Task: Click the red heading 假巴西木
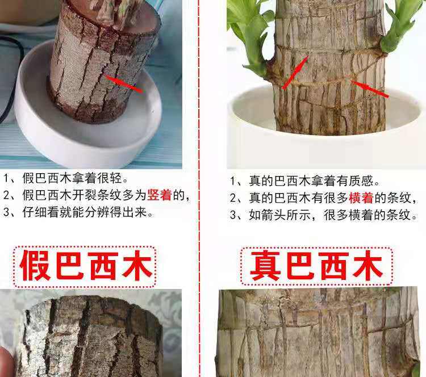point(85,266)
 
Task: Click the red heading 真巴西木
point(316,266)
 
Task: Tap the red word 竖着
point(160,195)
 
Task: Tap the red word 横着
point(361,198)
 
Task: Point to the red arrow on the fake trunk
point(124,83)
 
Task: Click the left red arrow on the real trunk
point(295,72)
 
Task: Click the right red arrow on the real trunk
point(370,89)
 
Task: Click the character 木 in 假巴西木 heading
point(137,266)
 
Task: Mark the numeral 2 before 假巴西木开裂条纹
point(7,195)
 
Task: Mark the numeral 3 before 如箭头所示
point(233,215)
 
